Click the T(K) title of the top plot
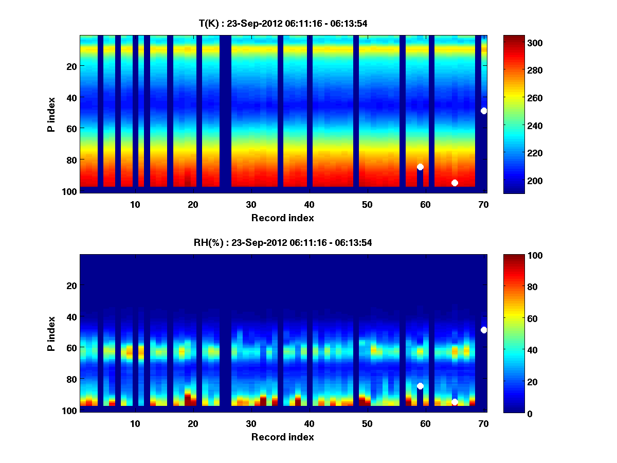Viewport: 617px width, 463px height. coord(282,23)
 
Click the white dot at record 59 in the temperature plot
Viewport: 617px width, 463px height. coord(420,167)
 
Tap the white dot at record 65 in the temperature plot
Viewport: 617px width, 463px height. coord(455,183)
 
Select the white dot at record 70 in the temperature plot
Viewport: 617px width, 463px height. coord(484,111)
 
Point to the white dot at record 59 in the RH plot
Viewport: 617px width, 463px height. coord(420,386)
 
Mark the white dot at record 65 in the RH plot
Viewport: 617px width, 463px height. coord(455,402)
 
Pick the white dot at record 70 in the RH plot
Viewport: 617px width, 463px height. coord(484,330)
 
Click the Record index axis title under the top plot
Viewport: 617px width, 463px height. coord(282,218)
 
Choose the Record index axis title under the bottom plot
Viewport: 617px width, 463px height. coord(282,437)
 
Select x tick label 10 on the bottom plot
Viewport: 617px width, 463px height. coord(135,423)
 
